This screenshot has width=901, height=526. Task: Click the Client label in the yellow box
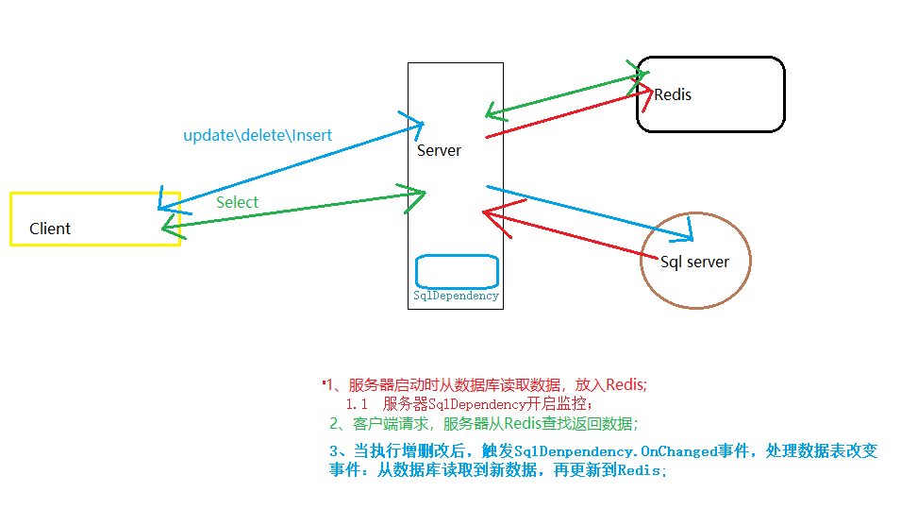pos(50,229)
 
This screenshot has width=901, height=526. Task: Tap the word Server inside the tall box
pos(439,150)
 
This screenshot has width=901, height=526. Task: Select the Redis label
pos(673,94)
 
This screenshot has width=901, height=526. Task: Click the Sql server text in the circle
pos(694,262)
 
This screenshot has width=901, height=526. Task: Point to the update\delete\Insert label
pos(258,135)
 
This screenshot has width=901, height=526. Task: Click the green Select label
pos(237,202)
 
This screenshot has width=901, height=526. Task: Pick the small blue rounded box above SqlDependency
pos(457,271)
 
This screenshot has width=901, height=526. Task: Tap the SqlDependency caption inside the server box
pos(456,296)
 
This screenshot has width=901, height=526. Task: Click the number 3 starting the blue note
pos(333,451)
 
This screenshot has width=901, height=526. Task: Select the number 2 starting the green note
pos(333,423)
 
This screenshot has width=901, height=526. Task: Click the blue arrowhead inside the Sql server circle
pos(690,228)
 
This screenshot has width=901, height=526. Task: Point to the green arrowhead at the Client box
pos(168,224)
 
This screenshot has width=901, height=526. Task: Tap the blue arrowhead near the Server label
pos(415,123)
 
